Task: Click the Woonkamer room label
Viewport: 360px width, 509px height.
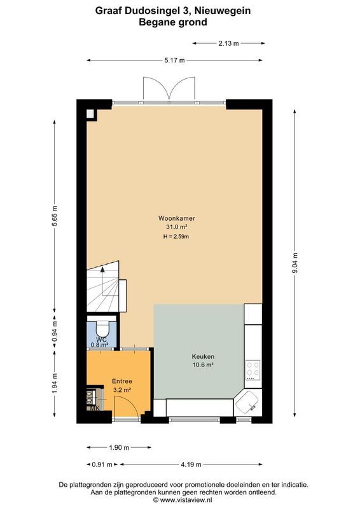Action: [176, 218]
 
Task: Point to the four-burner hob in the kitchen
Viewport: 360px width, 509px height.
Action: [253, 369]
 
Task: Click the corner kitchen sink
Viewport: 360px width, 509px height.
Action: [247, 402]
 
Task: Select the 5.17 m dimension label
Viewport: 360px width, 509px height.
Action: [174, 60]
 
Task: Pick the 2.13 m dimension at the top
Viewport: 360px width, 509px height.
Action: [228, 44]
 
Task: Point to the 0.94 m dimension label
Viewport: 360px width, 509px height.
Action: [55, 330]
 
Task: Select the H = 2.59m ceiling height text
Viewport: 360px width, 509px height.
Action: [176, 236]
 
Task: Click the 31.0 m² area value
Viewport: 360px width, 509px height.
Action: [176, 227]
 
